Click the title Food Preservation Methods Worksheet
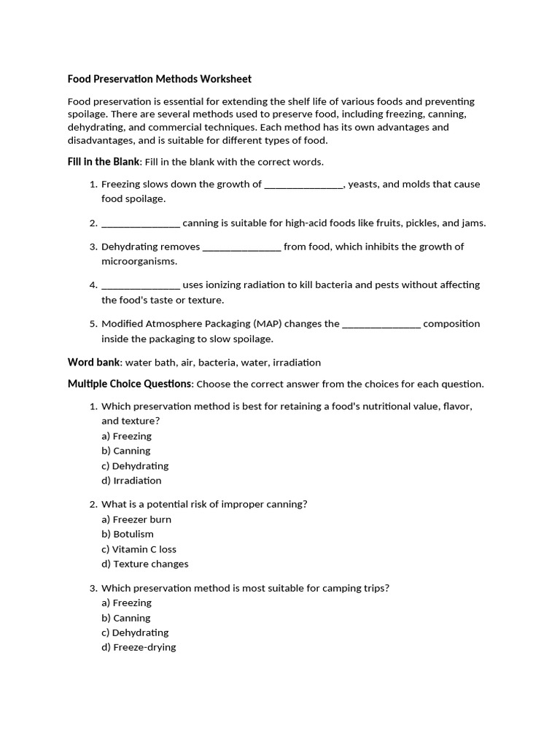(159, 79)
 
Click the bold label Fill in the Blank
(103, 161)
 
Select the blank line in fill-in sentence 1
(303, 185)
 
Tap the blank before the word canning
(141, 223)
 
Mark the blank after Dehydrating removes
(241, 247)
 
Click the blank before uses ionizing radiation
(141, 285)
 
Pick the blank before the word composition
(381, 324)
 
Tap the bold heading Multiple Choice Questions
(131, 384)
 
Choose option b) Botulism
(128, 534)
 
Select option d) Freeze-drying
(139, 647)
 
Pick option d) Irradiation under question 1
(131, 481)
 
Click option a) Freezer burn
(136, 519)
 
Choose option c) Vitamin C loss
(139, 549)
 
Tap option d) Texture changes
(144, 564)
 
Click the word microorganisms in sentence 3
(139, 261)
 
